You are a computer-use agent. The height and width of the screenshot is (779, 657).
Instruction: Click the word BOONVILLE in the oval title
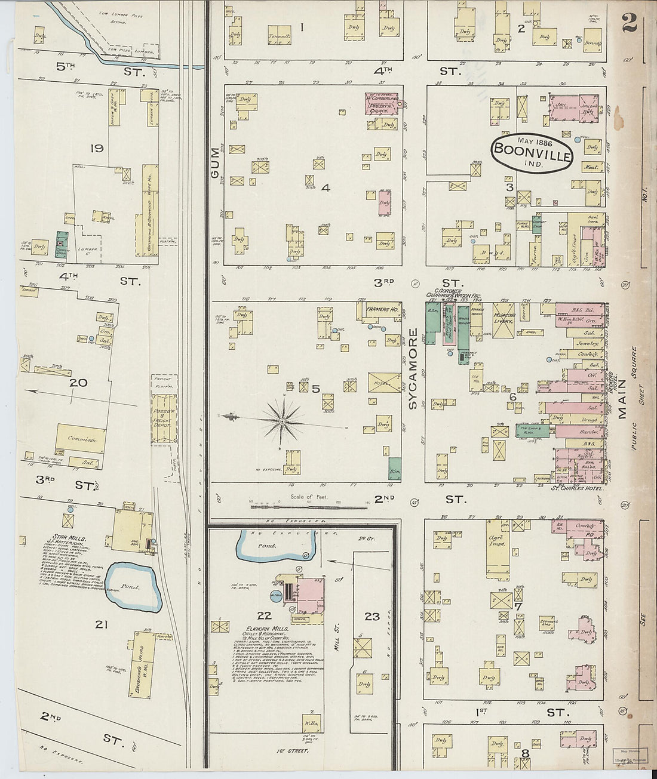[532, 155]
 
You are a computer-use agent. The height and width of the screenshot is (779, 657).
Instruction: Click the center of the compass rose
[281, 421]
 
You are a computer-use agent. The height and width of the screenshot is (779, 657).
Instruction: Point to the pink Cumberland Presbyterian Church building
[382, 102]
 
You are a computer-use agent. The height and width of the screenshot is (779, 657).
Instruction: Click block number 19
[97, 148]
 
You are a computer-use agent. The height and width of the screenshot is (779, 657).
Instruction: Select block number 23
[372, 616]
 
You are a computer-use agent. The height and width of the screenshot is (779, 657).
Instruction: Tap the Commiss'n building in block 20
[81, 439]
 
